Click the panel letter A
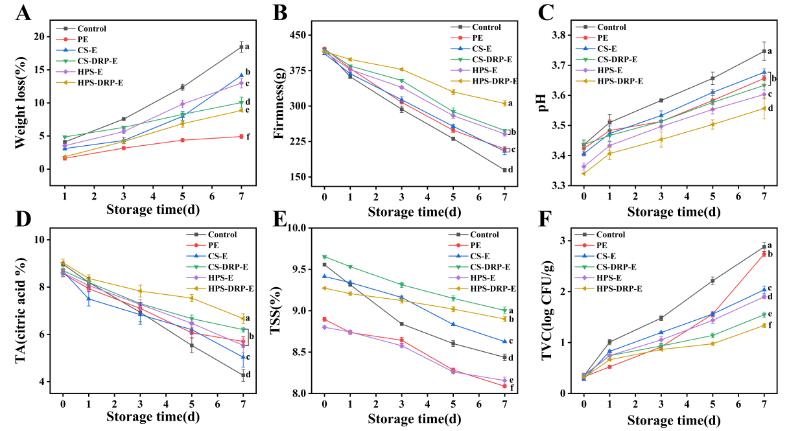[23, 13]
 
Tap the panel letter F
[545, 218]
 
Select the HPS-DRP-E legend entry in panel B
[484, 82]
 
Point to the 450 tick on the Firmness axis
[299, 35]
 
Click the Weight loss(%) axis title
[21, 102]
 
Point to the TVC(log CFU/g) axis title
[547, 310]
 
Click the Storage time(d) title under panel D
[153, 417]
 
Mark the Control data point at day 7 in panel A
[241, 47]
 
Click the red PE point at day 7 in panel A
[241, 136]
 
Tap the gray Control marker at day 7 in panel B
[505, 170]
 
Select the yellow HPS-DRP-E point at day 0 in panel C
[583, 174]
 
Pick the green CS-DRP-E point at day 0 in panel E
[324, 257]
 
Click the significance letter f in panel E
[512, 388]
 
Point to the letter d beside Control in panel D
[248, 375]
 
